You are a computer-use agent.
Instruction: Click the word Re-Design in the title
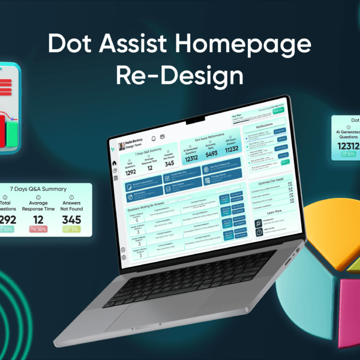180,76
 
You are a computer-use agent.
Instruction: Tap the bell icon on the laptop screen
154,137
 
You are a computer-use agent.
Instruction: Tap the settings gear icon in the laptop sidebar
124,257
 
